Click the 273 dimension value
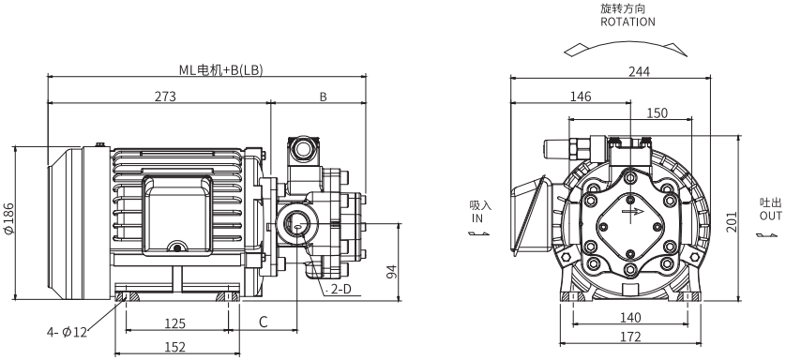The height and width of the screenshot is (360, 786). click(165, 97)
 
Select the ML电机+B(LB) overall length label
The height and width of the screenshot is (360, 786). click(221, 70)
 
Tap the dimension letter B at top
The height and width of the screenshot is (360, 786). click(324, 97)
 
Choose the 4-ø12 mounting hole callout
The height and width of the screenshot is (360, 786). click(68, 332)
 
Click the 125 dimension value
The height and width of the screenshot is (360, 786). click(175, 323)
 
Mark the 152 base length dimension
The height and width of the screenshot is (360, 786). click(175, 347)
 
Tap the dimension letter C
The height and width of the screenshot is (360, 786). click(264, 322)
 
